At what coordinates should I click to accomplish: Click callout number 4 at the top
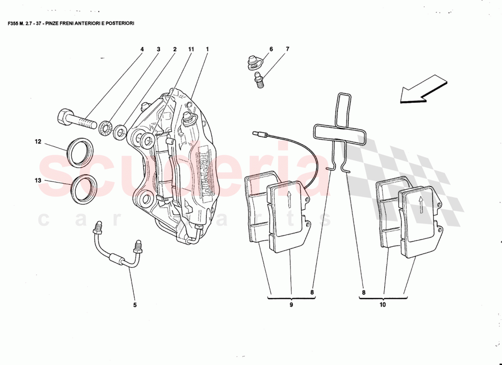(x=142, y=49)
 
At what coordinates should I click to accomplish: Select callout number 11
(x=191, y=49)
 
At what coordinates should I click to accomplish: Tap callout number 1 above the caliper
(x=207, y=49)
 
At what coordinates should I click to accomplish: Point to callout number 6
(x=271, y=49)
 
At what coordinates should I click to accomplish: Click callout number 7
(x=288, y=49)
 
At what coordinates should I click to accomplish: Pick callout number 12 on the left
(x=38, y=142)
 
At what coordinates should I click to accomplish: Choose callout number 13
(x=38, y=181)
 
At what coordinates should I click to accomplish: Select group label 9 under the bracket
(x=291, y=304)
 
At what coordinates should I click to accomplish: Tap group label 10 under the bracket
(x=382, y=304)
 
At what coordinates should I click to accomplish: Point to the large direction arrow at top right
(x=422, y=89)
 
